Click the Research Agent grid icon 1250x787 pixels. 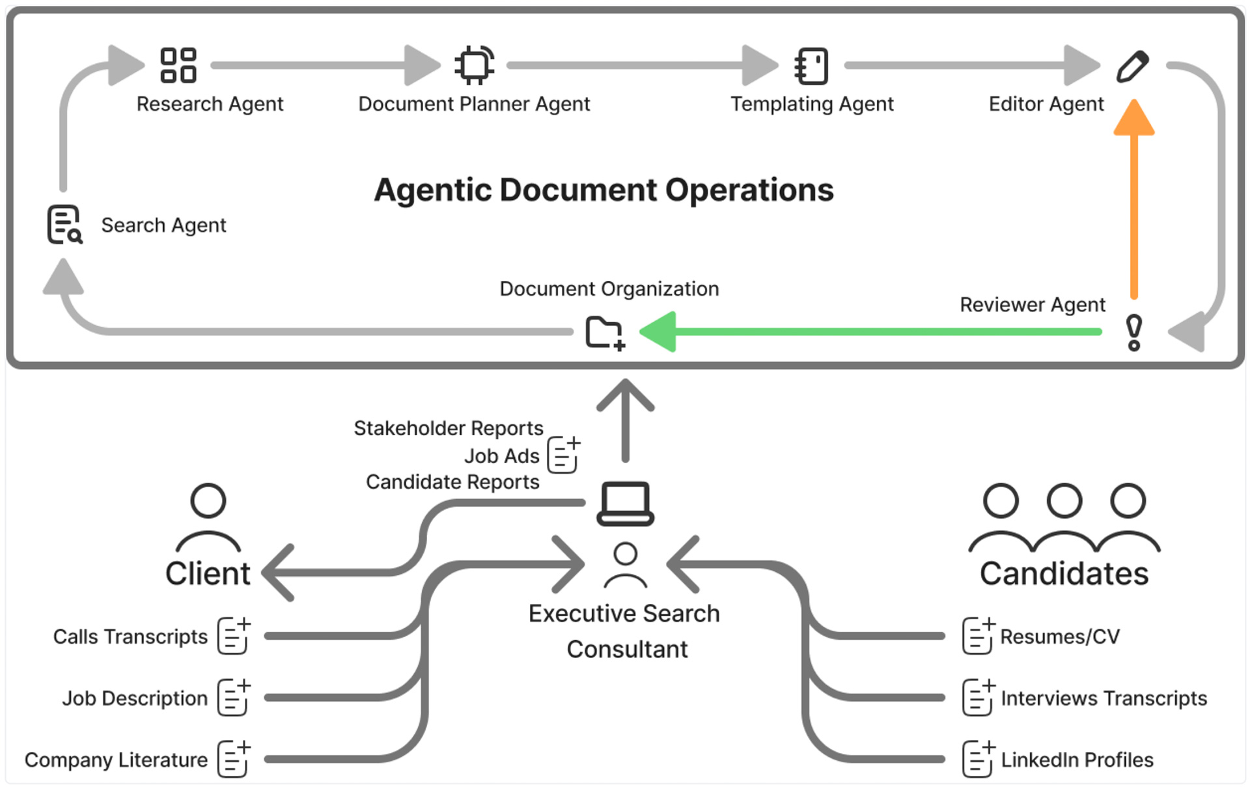pos(178,65)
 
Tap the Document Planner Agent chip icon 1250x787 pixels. pos(474,65)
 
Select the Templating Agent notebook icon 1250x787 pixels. pos(812,66)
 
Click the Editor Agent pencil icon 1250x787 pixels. pos(1133,66)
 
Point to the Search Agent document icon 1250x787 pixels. pos(64,225)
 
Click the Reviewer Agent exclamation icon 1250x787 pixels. pos(1133,332)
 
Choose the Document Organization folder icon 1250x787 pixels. pos(605,333)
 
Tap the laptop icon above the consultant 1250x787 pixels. pos(625,504)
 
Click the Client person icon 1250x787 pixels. pos(208,518)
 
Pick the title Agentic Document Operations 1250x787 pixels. pos(604,190)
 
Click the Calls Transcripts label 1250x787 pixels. pos(130,637)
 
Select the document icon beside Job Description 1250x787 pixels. pos(234,698)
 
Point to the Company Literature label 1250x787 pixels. pos(116,760)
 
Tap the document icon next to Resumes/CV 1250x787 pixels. pos(978,636)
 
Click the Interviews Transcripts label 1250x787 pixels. pos(1104,698)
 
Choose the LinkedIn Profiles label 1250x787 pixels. pos(1077,760)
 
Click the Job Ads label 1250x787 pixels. pos(501,456)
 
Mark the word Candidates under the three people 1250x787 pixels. pos(1064,574)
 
